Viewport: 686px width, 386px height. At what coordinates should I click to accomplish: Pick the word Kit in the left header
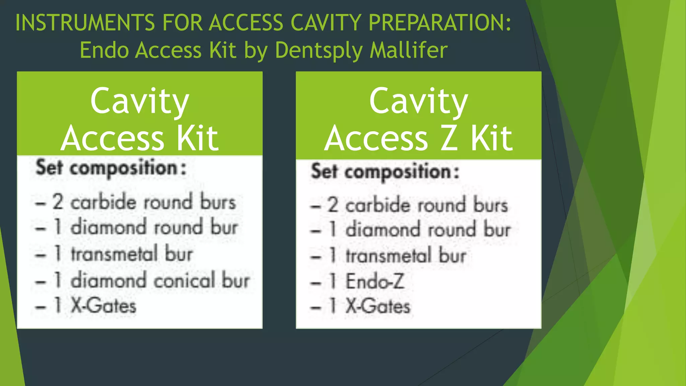pos(198,138)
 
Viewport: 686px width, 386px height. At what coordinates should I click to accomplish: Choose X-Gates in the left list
pos(104,306)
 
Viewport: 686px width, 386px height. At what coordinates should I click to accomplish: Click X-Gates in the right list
pos(378,306)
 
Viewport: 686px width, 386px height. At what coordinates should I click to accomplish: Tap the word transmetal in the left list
pos(114,254)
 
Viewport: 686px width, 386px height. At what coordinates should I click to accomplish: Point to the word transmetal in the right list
pos(389,256)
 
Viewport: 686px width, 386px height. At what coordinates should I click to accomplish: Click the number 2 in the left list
pos(58,202)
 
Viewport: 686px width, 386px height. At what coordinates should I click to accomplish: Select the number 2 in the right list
pos(333,205)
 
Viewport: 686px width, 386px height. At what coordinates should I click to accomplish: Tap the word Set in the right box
pos(324,171)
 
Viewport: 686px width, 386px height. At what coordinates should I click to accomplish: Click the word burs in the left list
pos(218,202)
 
